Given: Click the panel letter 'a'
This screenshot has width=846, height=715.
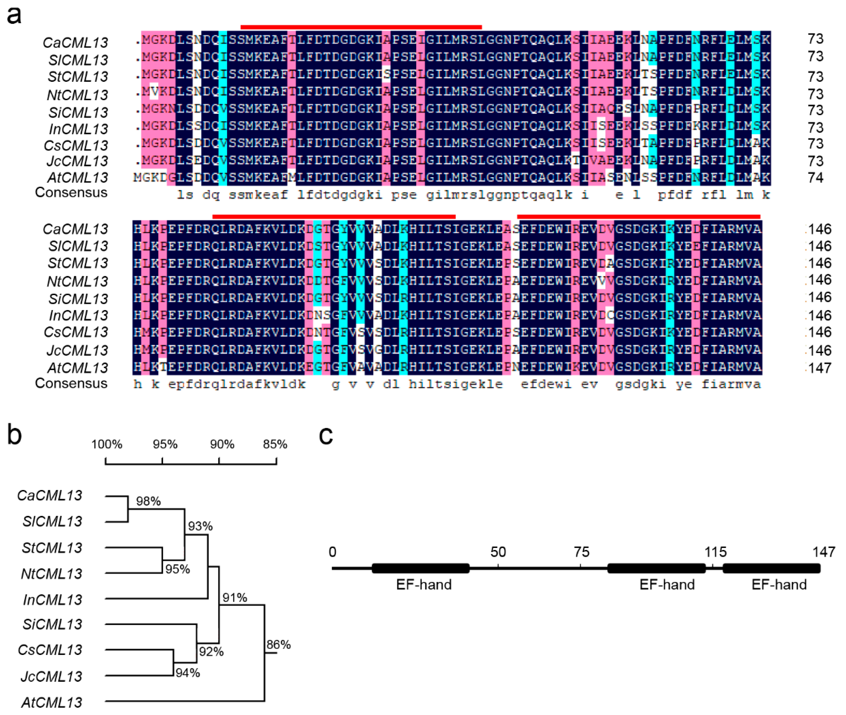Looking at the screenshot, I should tap(14, 15).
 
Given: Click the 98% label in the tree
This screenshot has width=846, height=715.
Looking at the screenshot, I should tap(148, 501).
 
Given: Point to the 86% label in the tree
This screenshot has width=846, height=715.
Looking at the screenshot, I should tap(279, 645).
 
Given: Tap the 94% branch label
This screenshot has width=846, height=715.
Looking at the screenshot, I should tap(188, 673).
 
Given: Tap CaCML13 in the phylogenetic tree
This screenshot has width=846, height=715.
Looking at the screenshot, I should tap(50, 495).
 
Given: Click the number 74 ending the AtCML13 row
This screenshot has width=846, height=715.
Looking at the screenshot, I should tap(815, 177).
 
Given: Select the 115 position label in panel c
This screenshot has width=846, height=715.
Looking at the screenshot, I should tap(715, 552).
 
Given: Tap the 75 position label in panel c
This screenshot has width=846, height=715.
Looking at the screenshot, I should tap(581, 552).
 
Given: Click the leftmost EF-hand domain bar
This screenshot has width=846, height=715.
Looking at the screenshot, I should tap(420, 568).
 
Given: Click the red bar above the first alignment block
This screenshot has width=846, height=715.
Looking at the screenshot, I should tap(361, 27).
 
